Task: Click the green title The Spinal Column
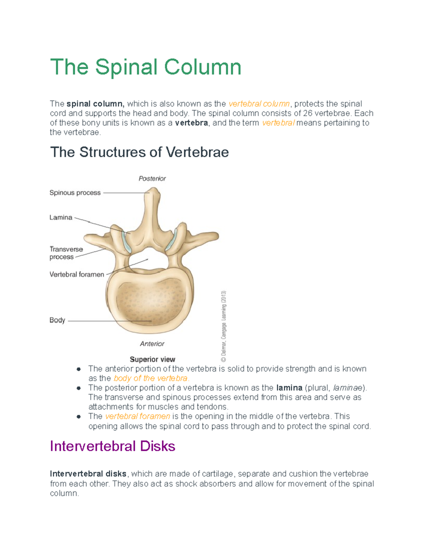point(146,67)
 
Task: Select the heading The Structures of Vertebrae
point(140,152)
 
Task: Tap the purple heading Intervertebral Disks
point(113,446)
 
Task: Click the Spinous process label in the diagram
point(75,193)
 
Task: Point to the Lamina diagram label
point(61,217)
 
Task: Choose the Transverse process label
point(66,253)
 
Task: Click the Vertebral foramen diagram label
point(77,274)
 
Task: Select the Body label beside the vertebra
point(57,320)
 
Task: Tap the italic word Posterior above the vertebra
point(152,178)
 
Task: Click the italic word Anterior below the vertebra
point(152,344)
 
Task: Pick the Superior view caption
point(153,359)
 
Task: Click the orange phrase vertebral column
point(259,104)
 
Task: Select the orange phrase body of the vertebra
point(151,378)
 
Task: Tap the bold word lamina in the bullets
point(289,388)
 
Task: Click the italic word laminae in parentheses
point(348,388)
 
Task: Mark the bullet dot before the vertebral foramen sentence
point(79,417)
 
